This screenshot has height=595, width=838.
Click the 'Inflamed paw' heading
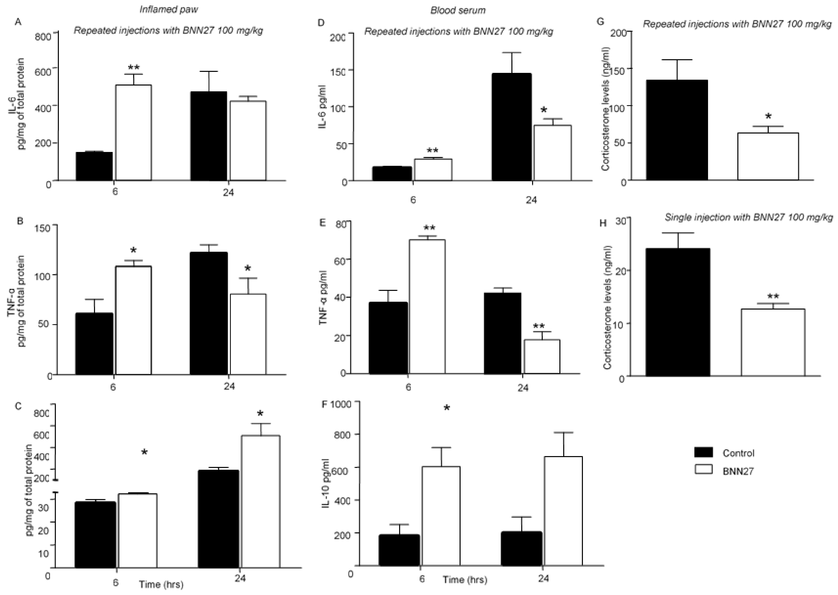[x=169, y=9]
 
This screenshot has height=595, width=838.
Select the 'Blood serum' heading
[x=458, y=10]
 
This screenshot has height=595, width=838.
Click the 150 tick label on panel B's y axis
[x=43, y=227]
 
